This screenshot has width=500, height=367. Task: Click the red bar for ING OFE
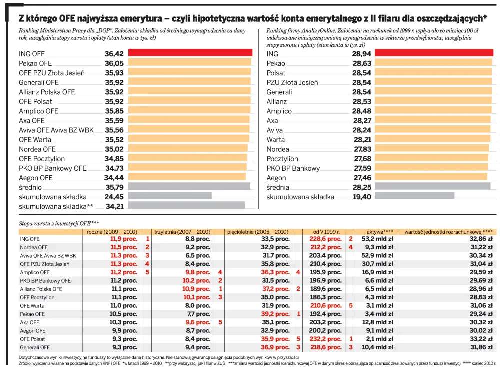click(x=190, y=53)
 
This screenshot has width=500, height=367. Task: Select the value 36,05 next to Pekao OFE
click(x=114, y=63)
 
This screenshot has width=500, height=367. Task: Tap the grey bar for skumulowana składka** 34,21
click(x=186, y=205)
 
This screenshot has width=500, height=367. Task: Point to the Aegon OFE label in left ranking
click(x=36, y=178)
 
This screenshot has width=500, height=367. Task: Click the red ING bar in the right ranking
click(x=432, y=53)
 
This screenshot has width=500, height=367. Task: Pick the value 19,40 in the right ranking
click(x=362, y=197)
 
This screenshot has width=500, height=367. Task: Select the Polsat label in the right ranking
click(x=276, y=73)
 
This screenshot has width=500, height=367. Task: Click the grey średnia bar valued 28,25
click(x=432, y=187)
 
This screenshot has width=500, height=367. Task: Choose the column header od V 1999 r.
click(x=326, y=232)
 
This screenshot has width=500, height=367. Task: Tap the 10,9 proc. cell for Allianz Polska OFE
click(x=196, y=289)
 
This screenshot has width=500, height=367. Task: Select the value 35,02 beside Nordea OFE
click(x=114, y=149)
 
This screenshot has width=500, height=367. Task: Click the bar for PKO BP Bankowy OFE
click(x=187, y=168)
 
